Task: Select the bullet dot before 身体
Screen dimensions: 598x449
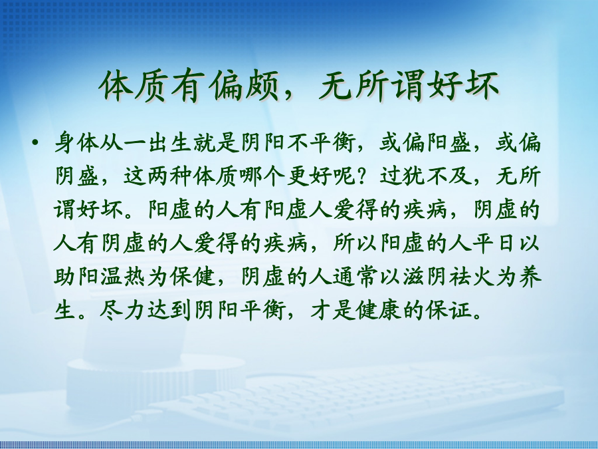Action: [35, 143]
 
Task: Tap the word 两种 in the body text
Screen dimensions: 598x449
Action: [169, 176]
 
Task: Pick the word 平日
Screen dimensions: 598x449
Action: [494, 243]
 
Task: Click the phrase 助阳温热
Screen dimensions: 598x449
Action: [99, 277]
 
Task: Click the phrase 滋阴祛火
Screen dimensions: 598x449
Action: [448, 277]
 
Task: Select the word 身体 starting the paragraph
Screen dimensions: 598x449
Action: [76, 143]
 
